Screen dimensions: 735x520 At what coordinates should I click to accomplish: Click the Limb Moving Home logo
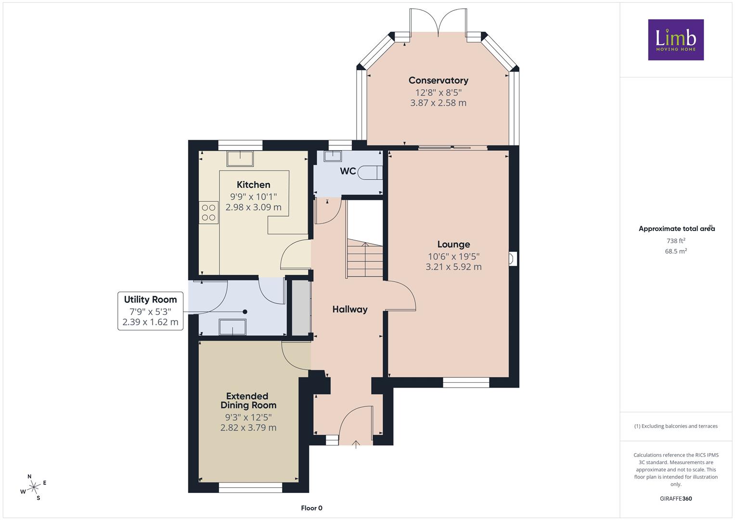[x=676, y=39]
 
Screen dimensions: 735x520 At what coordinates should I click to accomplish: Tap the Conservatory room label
[x=438, y=80]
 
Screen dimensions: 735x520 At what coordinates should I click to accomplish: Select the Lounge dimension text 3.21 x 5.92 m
[x=453, y=267]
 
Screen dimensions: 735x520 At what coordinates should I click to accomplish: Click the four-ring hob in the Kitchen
[x=208, y=212]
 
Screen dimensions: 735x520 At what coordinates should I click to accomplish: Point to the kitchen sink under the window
[x=240, y=158]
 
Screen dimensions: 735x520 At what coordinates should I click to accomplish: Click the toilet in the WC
[x=370, y=173]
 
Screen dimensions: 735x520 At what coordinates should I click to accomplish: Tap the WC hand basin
[x=333, y=156]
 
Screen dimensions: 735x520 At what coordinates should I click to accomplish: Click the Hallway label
[x=350, y=309]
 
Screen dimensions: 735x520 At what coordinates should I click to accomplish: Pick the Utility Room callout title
[x=150, y=299]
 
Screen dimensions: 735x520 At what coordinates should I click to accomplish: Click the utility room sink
[x=232, y=327]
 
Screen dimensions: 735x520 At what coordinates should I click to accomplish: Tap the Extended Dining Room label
[x=248, y=401]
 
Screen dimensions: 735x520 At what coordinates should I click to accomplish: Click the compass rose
[x=33, y=487]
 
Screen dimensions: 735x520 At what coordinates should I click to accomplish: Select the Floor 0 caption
[x=312, y=508]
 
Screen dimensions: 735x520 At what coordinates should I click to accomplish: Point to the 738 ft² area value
[x=676, y=241]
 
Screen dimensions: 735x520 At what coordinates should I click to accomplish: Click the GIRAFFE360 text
[x=676, y=499]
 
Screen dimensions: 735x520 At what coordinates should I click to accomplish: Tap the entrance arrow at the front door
[x=356, y=444]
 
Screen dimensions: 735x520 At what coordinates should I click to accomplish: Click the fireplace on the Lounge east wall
[x=513, y=259]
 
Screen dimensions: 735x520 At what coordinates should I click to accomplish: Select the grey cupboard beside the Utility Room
[x=301, y=308]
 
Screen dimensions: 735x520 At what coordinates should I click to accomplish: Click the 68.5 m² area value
[x=676, y=251]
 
